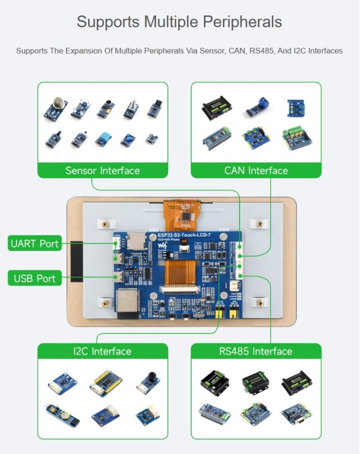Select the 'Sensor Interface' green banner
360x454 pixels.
pyautogui.click(x=103, y=170)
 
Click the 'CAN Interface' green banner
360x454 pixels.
pyautogui.click(x=256, y=170)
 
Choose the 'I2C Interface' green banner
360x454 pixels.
pyautogui.click(x=103, y=351)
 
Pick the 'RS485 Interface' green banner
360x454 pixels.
pyautogui.click(x=256, y=351)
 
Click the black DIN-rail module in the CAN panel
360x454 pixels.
pyautogui.click(x=212, y=109)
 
